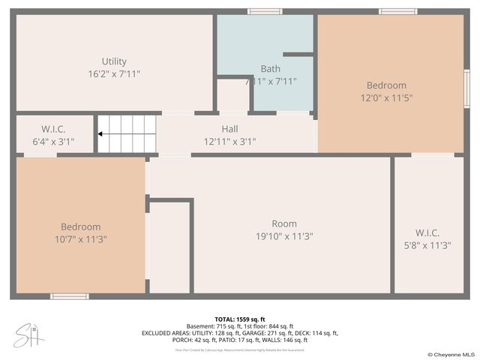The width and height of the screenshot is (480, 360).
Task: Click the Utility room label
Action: (114, 61)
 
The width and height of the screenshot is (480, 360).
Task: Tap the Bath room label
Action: (270, 69)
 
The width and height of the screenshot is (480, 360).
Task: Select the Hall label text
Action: (229, 129)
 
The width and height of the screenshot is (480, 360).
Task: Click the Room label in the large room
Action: (284, 223)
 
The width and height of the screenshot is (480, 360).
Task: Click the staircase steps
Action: (129, 133)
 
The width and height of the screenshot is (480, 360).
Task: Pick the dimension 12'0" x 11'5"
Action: (386, 97)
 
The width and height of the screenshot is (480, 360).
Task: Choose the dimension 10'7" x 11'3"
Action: (81, 239)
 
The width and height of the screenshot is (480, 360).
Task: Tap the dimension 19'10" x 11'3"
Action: (284, 235)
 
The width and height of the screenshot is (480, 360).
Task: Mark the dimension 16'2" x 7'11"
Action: (114, 73)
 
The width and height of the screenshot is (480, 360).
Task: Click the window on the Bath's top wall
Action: (265, 11)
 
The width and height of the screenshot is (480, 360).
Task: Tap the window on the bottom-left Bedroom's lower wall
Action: (70, 296)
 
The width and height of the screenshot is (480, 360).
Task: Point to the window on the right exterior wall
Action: (466, 88)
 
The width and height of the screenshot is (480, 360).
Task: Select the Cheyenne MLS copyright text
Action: (451, 354)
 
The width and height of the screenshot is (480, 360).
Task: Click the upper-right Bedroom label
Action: (386, 85)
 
